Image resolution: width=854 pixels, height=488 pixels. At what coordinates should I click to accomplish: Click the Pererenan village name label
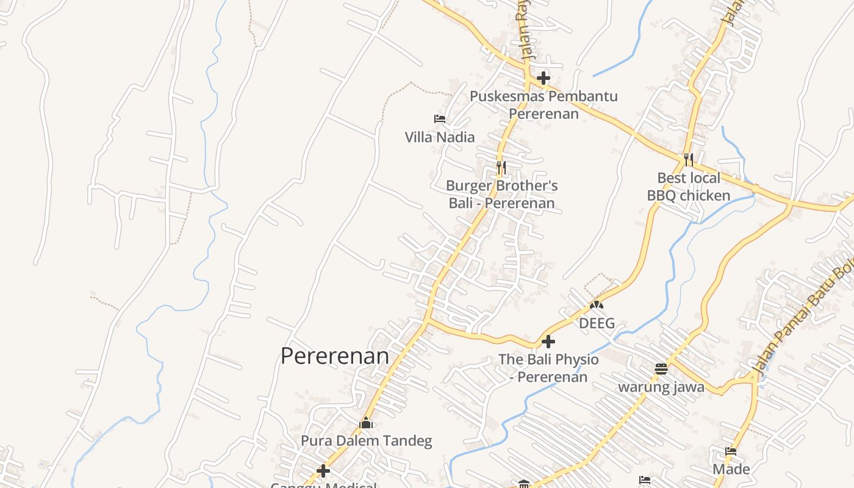point(334,356)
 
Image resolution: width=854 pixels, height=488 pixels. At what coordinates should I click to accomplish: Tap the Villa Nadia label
point(439,137)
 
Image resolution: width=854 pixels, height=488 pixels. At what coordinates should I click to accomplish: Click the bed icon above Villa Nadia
point(439,118)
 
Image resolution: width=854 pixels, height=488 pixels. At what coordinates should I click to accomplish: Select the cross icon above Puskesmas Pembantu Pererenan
point(543,78)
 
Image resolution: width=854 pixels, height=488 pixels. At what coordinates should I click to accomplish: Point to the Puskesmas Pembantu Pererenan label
point(544,105)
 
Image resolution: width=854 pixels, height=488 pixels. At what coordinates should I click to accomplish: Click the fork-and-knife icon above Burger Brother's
point(501,167)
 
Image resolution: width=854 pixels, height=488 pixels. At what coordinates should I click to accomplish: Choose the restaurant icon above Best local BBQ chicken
point(689,160)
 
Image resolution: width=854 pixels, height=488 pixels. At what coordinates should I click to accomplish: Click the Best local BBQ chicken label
point(689,187)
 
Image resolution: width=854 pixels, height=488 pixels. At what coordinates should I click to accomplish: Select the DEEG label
point(597,323)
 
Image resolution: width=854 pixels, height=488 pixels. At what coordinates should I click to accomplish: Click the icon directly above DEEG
point(597,304)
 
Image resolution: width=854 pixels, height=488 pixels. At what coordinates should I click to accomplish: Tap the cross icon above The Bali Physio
point(548,342)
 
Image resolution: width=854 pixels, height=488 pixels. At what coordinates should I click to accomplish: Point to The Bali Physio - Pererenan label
point(548,368)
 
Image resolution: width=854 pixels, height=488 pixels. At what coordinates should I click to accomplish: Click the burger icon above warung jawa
point(661,368)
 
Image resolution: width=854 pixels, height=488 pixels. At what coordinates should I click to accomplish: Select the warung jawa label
point(661,387)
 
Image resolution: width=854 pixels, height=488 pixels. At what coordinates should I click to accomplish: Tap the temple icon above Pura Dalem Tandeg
point(366,422)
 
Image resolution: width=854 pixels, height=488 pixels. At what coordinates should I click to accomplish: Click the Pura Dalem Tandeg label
point(366,440)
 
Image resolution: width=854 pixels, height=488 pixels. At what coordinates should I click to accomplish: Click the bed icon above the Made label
point(731,451)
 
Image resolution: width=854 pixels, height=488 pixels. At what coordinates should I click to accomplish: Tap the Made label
point(731,469)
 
